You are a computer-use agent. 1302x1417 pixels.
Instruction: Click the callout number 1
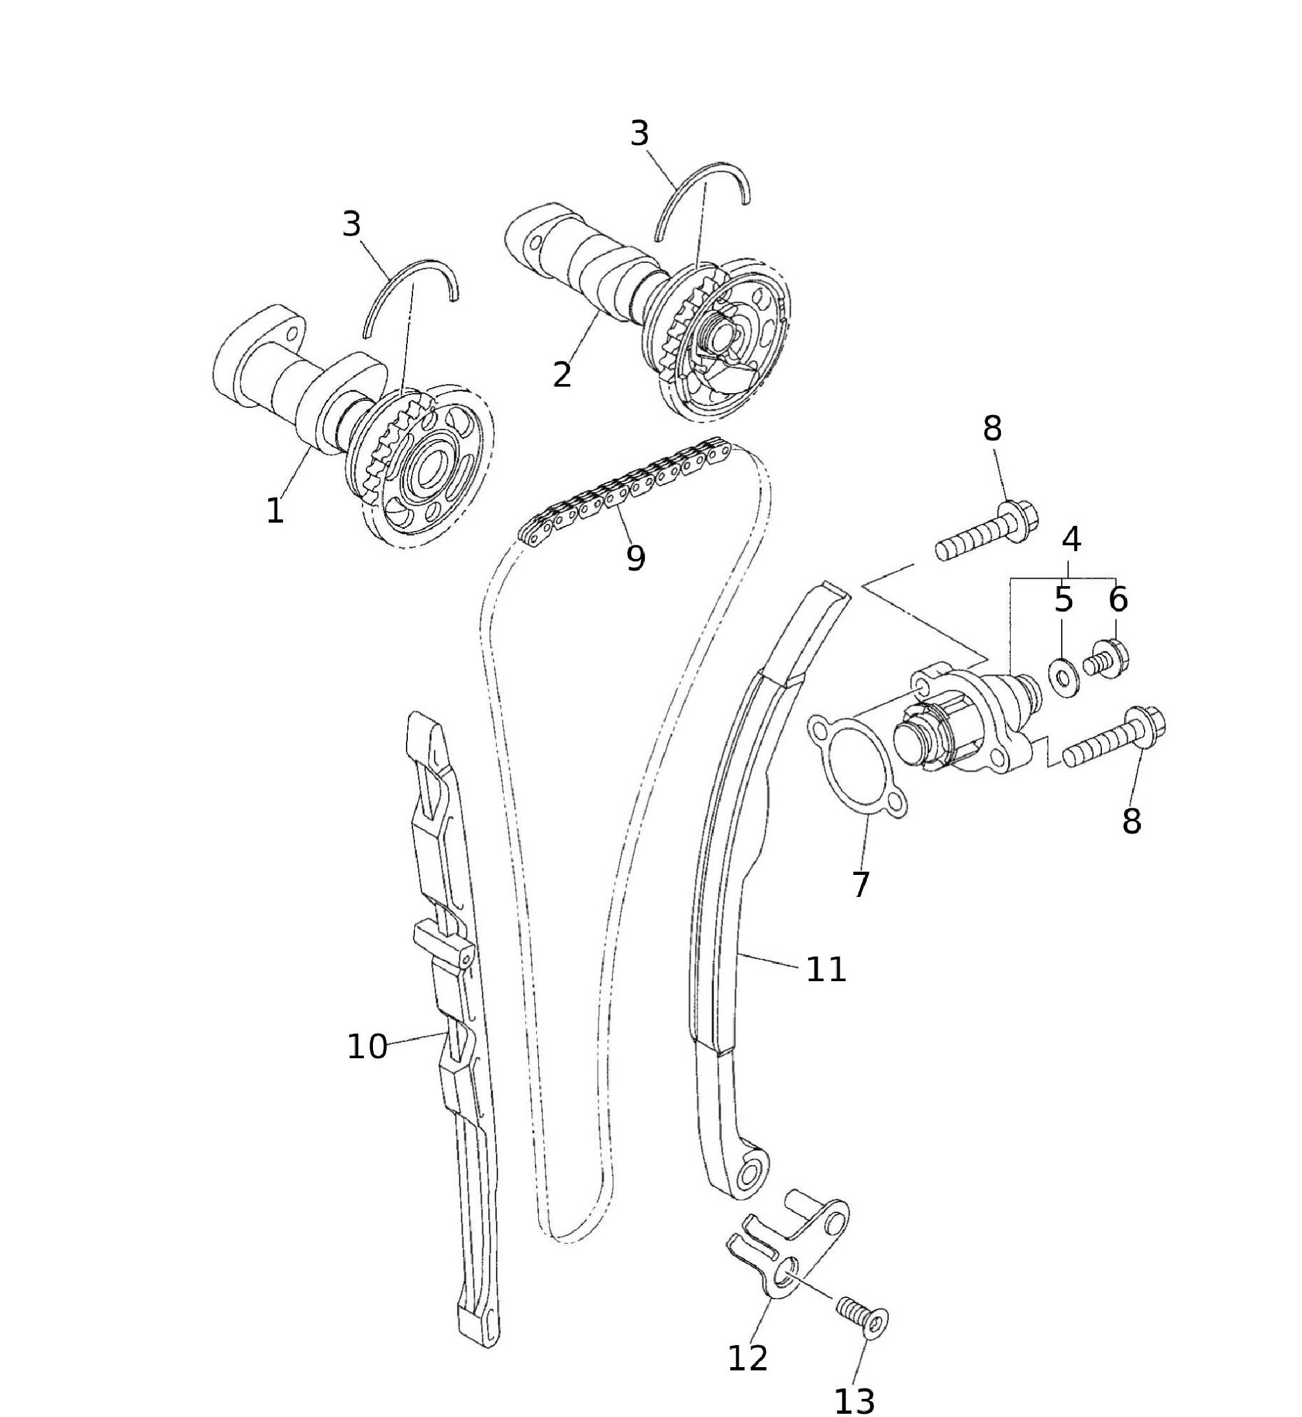pyautogui.click(x=275, y=510)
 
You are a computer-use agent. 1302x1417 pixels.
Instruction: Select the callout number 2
pyautogui.click(x=561, y=376)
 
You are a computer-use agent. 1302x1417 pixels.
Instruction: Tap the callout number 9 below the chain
pyautogui.click(x=636, y=558)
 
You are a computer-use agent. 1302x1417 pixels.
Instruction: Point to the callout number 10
pyautogui.click(x=367, y=1047)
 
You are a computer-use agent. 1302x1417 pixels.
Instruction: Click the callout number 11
pyautogui.click(x=825, y=970)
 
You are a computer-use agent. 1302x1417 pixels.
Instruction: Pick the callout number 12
pyautogui.click(x=748, y=1358)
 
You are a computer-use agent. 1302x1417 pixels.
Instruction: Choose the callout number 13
pyautogui.click(x=855, y=1401)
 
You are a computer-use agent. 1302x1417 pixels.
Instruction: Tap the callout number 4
pyautogui.click(x=1071, y=539)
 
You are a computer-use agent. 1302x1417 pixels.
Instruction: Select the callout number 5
pyautogui.click(x=1063, y=600)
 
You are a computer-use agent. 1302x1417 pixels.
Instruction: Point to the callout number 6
pyautogui.click(x=1118, y=600)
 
